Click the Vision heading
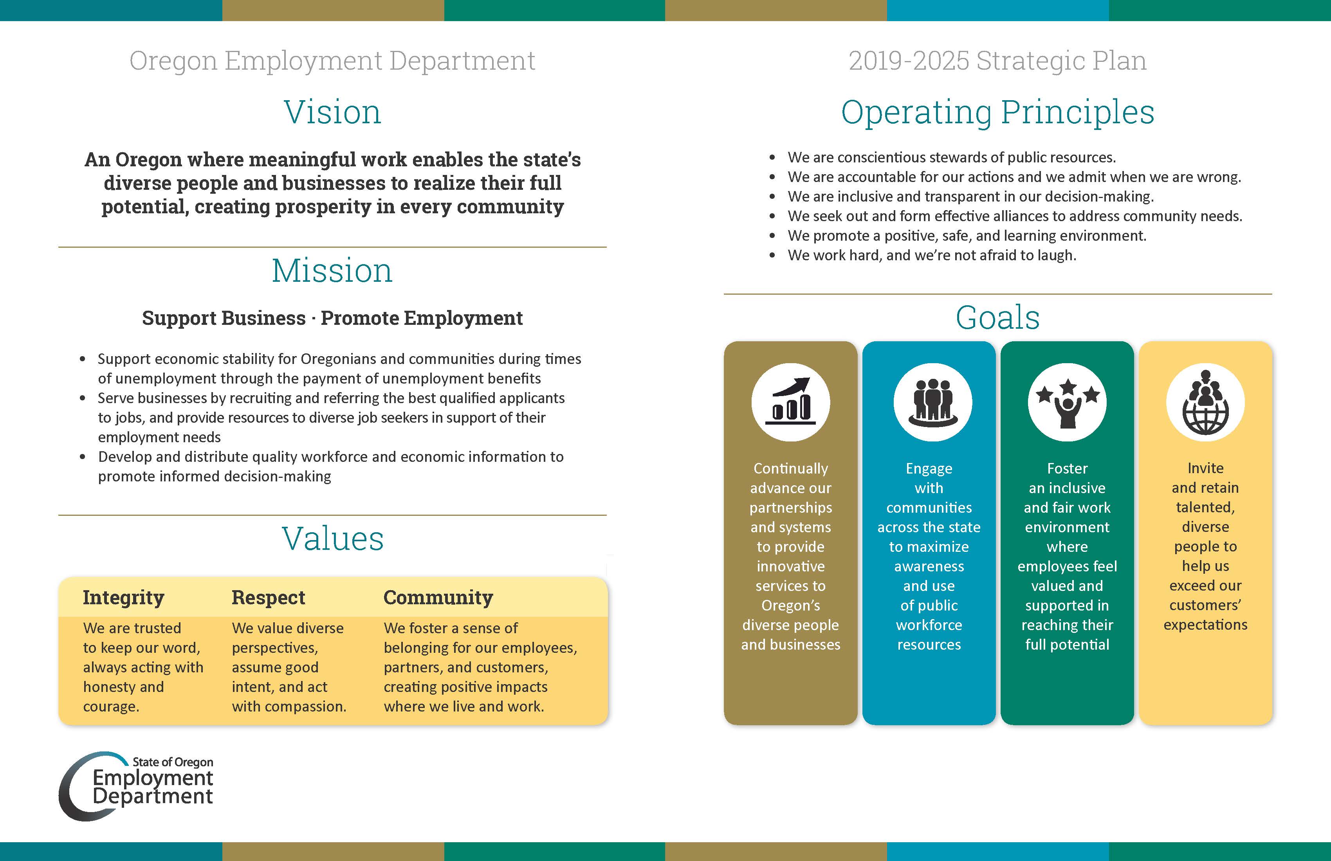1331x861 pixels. coord(333,112)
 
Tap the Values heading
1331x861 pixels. coord(333,539)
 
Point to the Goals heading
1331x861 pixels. coord(998,317)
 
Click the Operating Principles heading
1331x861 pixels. coord(998,112)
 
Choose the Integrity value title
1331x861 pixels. coord(124,598)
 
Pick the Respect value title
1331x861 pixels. coord(269,598)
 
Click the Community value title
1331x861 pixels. coord(438,598)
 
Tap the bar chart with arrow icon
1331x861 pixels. coord(791,402)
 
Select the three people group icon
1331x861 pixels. coord(933,402)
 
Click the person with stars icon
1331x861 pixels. coord(1067,402)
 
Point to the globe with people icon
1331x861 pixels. coord(1206,402)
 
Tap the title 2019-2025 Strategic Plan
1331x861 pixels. coord(998,60)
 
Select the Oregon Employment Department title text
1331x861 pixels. coord(332,60)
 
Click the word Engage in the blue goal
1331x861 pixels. coord(929,468)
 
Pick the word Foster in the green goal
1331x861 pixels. coord(1067,468)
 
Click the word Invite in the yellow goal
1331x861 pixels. coord(1206,468)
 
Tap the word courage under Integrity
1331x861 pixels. coord(111,707)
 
